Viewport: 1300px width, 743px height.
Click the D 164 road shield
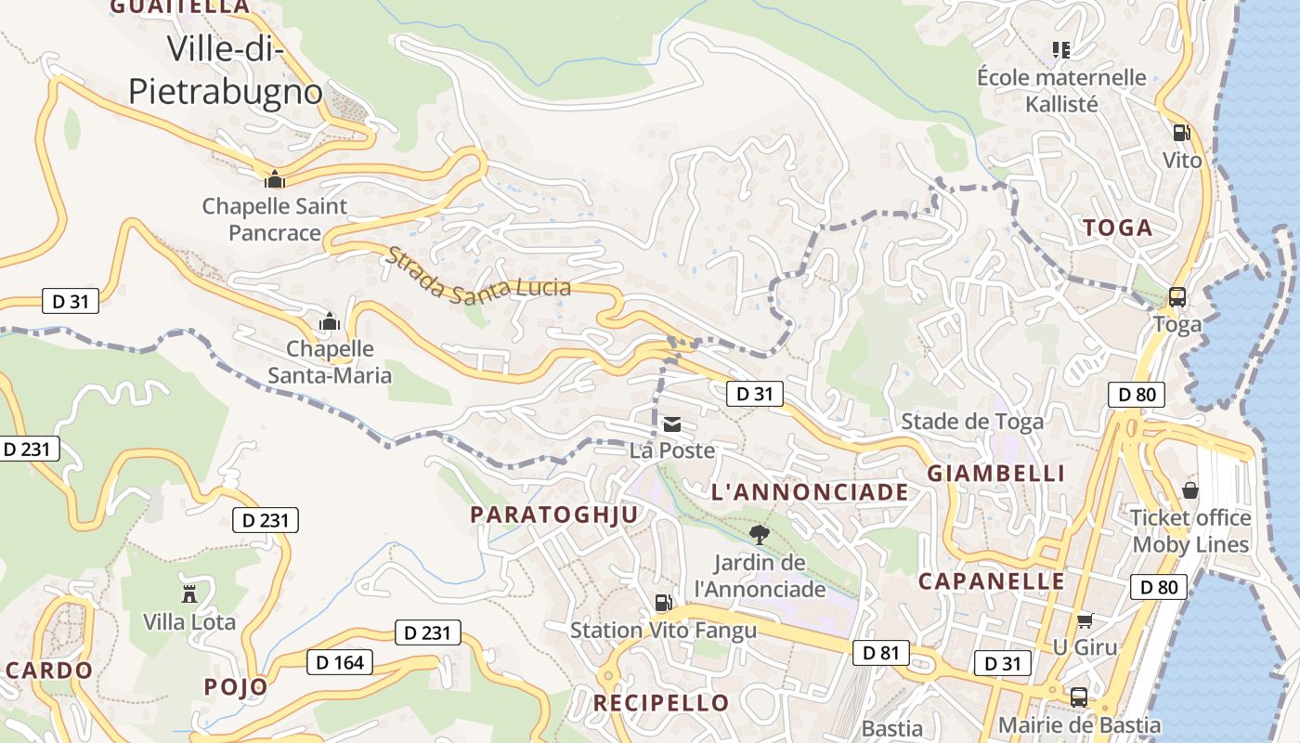(x=339, y=662)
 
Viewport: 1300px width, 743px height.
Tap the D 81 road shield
(x=880, y=653)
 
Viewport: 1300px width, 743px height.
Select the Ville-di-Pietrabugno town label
(x=226, y=70)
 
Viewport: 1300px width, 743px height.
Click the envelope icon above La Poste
(x=672, y=425)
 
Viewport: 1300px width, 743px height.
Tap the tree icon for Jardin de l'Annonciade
(x=759, y=534)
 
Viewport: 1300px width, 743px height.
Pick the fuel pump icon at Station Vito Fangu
(x=663, y=603)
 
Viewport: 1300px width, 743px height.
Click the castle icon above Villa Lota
(x=189, y=593)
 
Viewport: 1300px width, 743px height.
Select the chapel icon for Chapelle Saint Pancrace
(x=274, y=178)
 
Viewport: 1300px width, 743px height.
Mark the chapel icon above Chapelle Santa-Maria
(x=329, y=322)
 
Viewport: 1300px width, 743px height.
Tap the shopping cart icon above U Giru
(x=1085, y=619)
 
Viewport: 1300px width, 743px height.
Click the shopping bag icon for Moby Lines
(x=1190, y=489)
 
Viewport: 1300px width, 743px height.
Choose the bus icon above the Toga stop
(x=1176, y=297)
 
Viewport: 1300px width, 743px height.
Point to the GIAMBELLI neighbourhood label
(x=996, y=474)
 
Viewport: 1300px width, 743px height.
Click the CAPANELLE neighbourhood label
(x=992, y=582)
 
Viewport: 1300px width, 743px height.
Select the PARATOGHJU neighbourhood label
(x=554, y=515)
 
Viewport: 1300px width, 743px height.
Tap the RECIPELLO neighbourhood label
(x=661, y=703)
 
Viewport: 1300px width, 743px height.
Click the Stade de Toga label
(x=972, y=422)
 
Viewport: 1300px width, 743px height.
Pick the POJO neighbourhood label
(x=236, y=687)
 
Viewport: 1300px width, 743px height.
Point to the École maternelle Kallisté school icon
(x=1060, y=48)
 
